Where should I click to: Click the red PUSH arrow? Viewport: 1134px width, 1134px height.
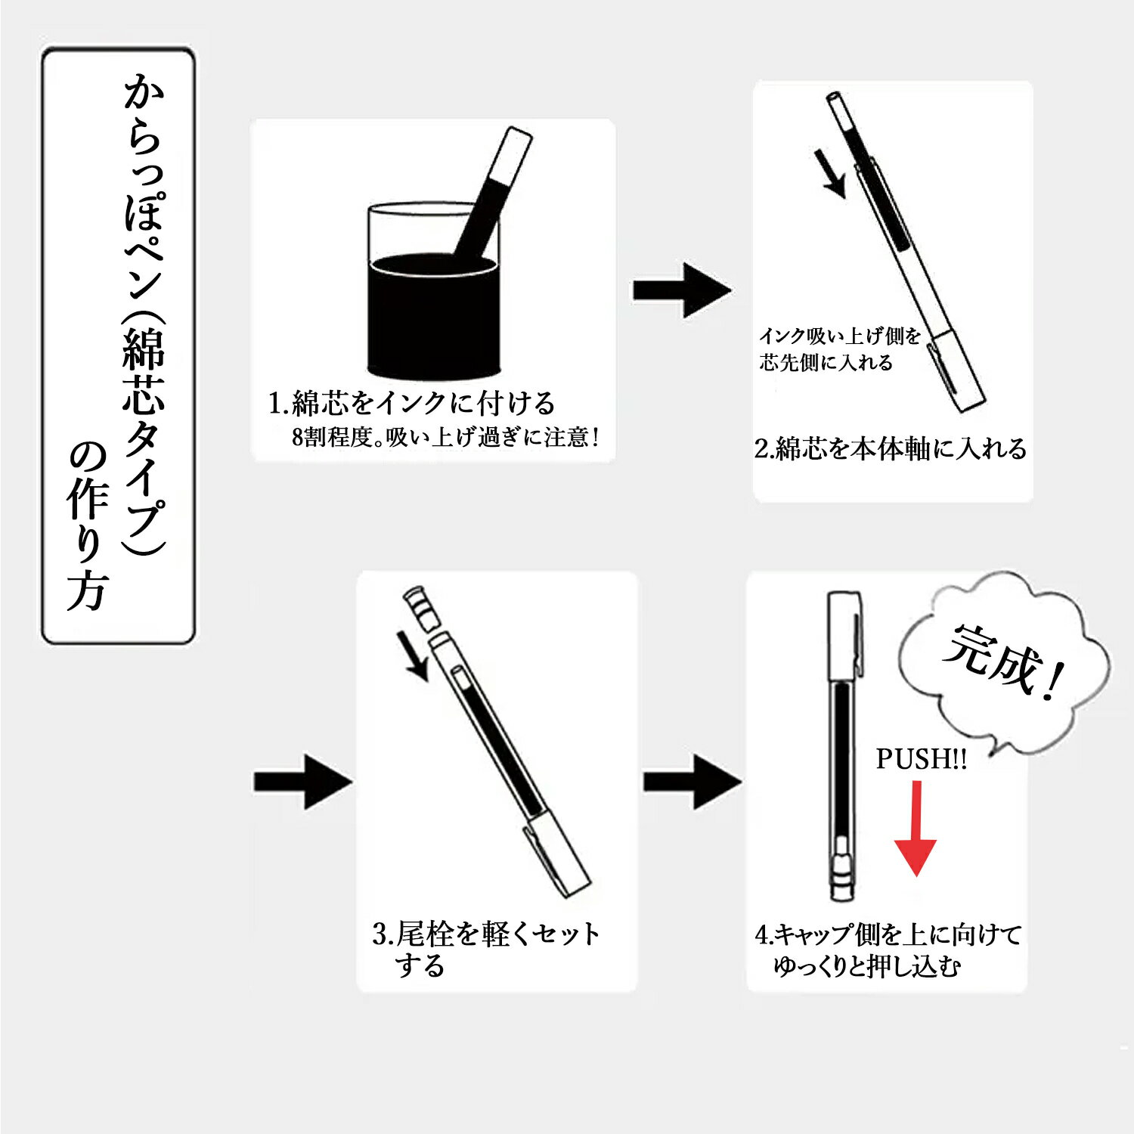coord(916,832)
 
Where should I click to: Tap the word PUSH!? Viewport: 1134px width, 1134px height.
coord(921,758)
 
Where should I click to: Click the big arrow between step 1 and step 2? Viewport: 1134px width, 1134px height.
coord(681,290)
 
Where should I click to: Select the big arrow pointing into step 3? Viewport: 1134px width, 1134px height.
coord(302,782)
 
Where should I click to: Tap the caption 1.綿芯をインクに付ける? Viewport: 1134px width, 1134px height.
coord(412,403)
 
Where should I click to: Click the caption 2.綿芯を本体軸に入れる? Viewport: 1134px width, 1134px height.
coord(891,448)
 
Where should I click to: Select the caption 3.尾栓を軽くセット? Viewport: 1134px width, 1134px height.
coord(486,934)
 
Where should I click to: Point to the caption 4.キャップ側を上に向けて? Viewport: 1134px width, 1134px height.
coord(888,934)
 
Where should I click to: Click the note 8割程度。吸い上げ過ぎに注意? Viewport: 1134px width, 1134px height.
coord(446,437)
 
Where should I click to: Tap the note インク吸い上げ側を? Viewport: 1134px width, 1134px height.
coord(840,336)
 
